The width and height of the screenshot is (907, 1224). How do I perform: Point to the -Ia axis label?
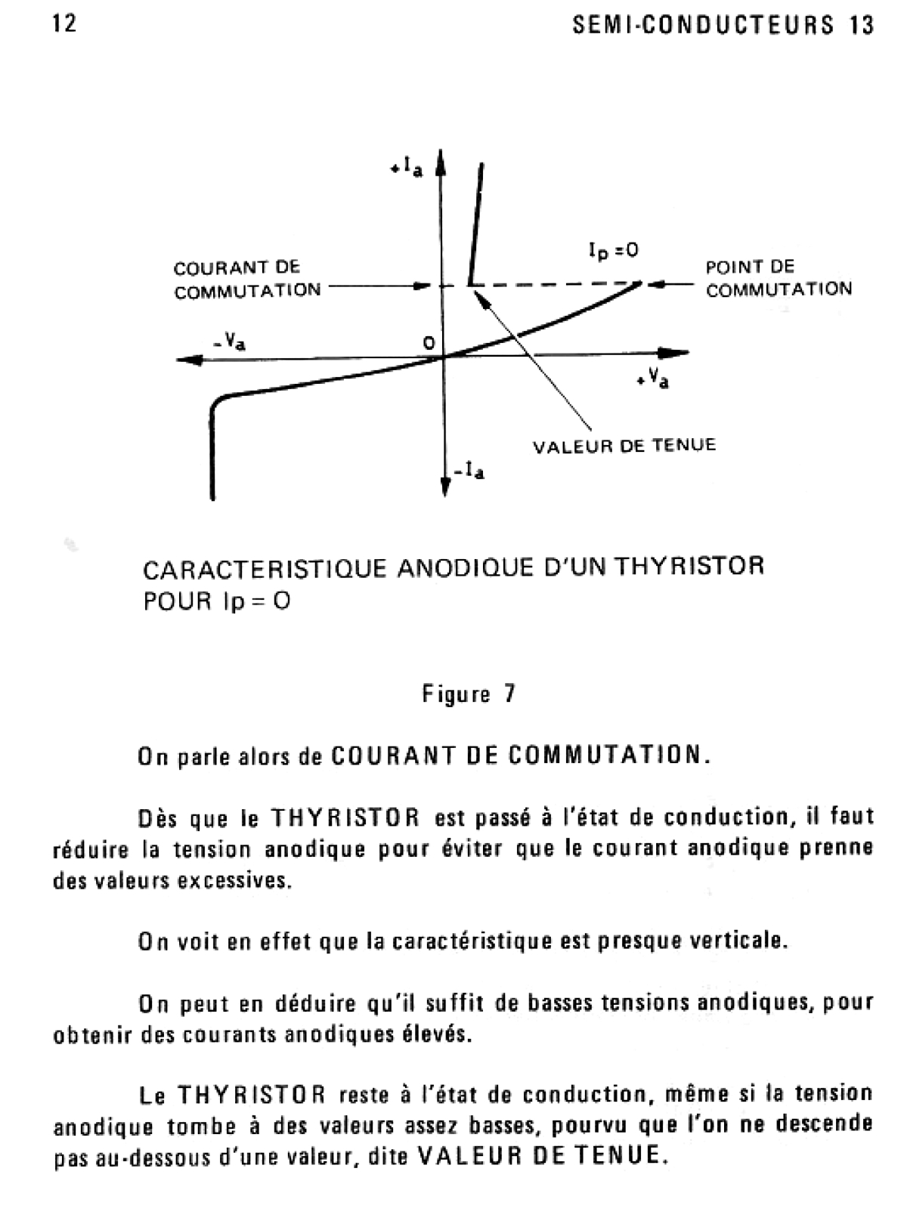tap(470, 473)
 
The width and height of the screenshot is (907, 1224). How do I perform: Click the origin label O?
tap(429, 343)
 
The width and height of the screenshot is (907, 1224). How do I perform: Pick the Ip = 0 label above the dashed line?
tap(613, 250)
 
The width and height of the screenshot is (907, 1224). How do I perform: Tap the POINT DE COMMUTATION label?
tap(779, 278)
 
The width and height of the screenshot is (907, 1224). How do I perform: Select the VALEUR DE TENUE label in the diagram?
tap(624, 446)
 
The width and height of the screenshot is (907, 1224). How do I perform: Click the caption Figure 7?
tap(469, 694)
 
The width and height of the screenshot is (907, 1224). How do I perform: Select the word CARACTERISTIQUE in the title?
tap(265, 568)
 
